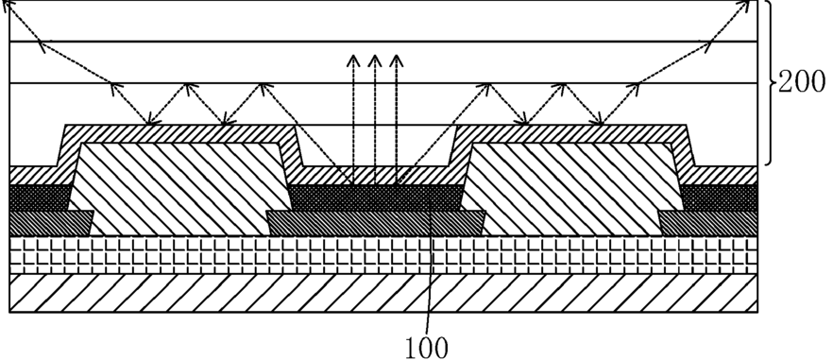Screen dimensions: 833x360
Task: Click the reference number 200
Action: [802, 83]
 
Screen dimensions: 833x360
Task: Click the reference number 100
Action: [427, 349]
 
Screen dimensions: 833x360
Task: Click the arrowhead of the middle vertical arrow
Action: [375, 60]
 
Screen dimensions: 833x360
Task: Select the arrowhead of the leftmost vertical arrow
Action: [352, 60]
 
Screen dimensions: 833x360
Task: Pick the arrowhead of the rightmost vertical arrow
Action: [396, 60]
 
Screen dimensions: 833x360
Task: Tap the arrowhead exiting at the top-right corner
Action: [745, 6]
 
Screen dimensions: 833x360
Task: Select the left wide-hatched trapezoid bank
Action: [180, 189]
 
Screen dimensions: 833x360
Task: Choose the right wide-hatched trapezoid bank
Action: [572, 189]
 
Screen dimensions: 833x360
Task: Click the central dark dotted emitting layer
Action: [376, 197]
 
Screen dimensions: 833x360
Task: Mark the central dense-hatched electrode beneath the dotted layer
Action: [376, 223]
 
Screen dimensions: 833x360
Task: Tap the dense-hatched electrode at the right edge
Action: [708, 223]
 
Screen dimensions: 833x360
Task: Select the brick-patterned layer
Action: [383, 255]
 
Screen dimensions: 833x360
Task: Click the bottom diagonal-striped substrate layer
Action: [383, 293]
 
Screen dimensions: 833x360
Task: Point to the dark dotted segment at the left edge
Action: [40, 197]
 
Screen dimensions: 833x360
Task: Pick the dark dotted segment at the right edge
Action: [720, 197]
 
